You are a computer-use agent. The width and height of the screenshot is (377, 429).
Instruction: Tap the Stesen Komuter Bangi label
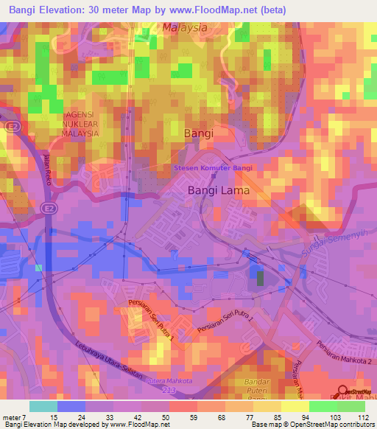coord(213,168)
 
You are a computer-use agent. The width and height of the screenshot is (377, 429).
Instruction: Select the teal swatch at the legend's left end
coord(43,406)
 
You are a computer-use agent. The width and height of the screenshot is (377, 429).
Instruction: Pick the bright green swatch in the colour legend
coord(323,406)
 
